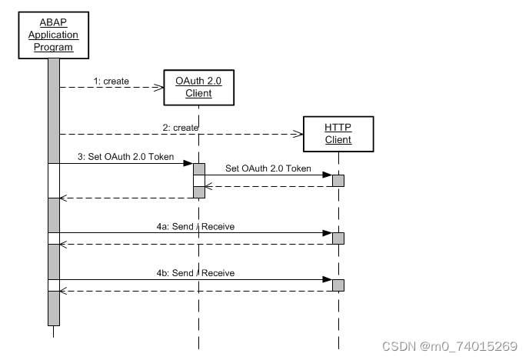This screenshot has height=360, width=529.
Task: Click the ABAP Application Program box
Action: [x=53, y=35]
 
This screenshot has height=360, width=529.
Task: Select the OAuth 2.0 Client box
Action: [x=198, y=87]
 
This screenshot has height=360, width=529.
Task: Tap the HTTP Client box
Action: [x=338, y=134]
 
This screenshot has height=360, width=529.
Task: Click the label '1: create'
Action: [x=111, y=81]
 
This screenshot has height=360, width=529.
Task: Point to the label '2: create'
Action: [x=181, y=127]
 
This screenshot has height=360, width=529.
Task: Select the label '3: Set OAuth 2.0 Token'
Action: [x=126, y=157]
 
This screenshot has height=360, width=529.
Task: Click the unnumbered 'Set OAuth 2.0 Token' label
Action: [x=268, y=168]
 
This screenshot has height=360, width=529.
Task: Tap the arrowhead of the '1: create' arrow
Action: [x=159, y=88]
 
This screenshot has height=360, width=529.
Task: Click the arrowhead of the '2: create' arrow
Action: [x=299, y=134]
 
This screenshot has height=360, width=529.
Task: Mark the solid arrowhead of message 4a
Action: [x=327, y=233]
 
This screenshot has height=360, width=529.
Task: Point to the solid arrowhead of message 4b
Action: [x=327, y=279]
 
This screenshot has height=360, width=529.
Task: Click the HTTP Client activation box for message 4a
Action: [x=338, y=238]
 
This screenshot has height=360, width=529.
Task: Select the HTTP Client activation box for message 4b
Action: [x=338, y=285]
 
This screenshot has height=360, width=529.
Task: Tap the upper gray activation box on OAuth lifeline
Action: [x=198, y=168]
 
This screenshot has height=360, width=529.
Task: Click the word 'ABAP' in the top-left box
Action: [x=53, y=23]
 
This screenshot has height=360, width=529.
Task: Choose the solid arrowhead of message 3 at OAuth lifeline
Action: [x=188, y=163]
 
